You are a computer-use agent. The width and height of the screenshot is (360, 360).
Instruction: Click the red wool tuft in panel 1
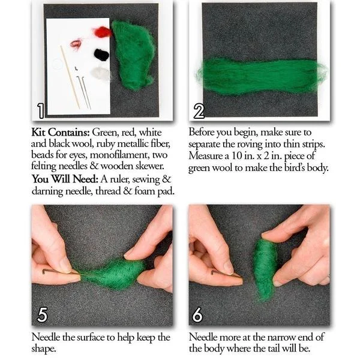point(102,32)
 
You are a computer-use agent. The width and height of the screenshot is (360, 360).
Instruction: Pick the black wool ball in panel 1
point(101,55)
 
